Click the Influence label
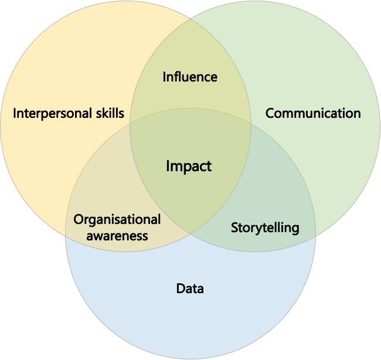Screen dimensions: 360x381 tap(190, 77)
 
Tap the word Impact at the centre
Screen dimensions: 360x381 tap(188, 167)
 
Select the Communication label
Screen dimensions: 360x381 tap(313, 113)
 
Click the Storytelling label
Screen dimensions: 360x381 tap(265, 227)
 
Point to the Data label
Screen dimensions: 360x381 tap(190, 288)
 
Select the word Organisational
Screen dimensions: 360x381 tap(117, 220)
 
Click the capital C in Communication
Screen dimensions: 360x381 tap(270, 113)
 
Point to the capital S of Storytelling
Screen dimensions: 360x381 tap(234, 227)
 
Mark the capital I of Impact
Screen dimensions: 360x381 tap(168, 167)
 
